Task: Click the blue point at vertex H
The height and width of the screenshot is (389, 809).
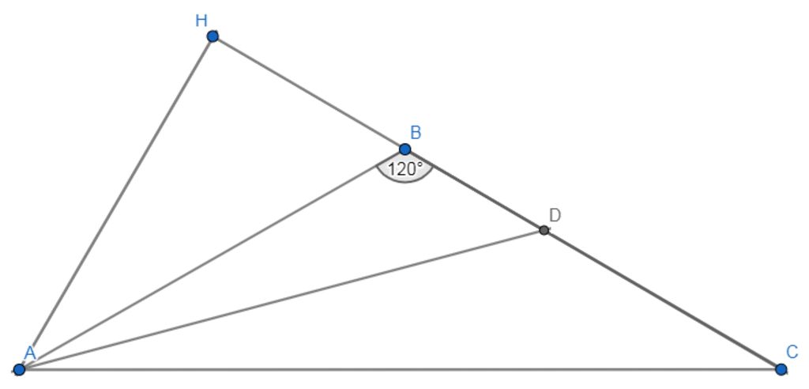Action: [x=213, y=36]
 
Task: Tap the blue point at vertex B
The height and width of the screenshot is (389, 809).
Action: [x=404, y=149]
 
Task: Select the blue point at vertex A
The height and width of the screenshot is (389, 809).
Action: [x=19, y=369]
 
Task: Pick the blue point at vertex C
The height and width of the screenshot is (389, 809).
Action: [x=781, y=369]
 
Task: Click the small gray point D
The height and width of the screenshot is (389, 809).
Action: [x=544, y=230]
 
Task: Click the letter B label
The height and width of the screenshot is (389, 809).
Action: [x=416, y=132]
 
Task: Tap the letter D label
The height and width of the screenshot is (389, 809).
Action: [x=555, y=215]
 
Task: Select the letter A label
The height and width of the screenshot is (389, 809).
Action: [x=30, y=353]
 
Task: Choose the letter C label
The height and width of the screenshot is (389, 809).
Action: [x=792, y=352]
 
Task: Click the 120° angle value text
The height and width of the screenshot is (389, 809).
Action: [x=404, y=168]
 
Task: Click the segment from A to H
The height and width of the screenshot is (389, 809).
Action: [x=115, y=203]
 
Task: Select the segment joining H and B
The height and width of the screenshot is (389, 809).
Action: [x=308, y=93]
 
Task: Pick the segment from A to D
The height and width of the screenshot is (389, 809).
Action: [x=281, y=300]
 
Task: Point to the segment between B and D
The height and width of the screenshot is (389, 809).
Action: [x=474, y=190]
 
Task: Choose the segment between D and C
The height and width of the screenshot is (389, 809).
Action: [x=662, y=300]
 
